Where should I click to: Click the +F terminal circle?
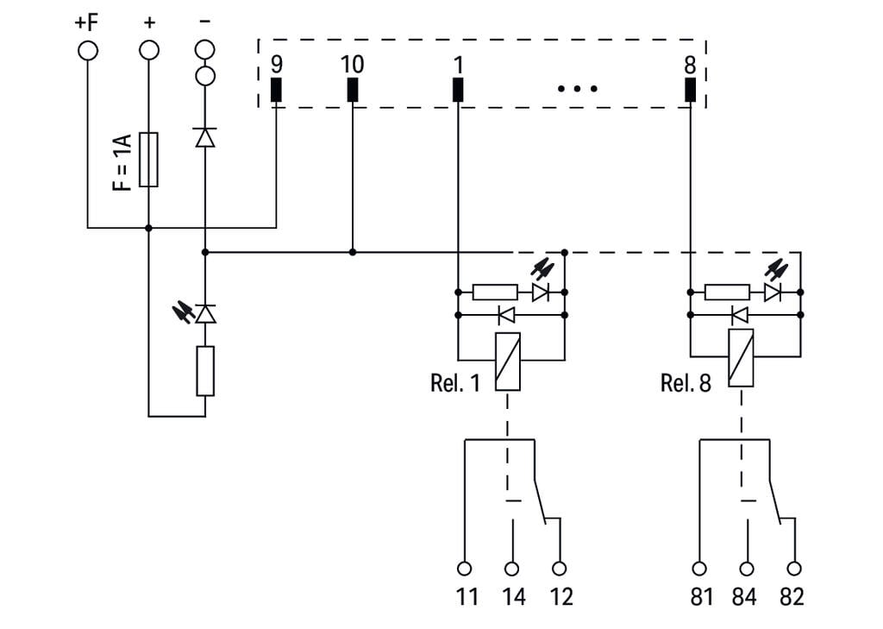pyautogui.click(x=88, y=50)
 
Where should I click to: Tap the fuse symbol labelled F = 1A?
pyautogui.click(x=148, y=160)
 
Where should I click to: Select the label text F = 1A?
pyautogui.click(x=122, y=161)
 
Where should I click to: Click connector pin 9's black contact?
pyautogui.click(x=276, y=89)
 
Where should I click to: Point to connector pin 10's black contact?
pyautogui.click(x=352, y=89)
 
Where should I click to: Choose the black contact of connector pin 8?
pyautogui.click(x=690, y=89)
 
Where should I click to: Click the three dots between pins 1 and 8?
pyautogui.click(x=577, y=88)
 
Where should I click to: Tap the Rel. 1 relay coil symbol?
pyautogui.click(x=508, y=362)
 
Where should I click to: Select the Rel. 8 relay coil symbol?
pyautogui.click(x=741, y=357)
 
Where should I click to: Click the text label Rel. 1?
pyautogui.click(x=454, y=383)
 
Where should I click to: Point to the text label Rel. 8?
pyautogui.click(x=686, y=383)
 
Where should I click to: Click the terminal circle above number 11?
pyautogui.click(x=465, y=569)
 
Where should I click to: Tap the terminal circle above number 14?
pyautogui.click(x=512, y=569)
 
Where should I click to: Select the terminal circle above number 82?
pyautogui.click(x=794, y=569)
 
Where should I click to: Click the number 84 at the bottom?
pyautogui.click(x=746, y=596)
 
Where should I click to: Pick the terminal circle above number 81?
pyautogui.click(x=699, y=569)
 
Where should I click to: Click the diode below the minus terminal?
pyautogui.click(x=204, y=137)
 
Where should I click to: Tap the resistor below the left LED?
pyautogui.click(x=204, y=371)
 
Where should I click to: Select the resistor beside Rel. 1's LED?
pyautogui.click(x=496, y=292)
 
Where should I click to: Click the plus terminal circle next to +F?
pyautogui.click(x=149, y=50)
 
